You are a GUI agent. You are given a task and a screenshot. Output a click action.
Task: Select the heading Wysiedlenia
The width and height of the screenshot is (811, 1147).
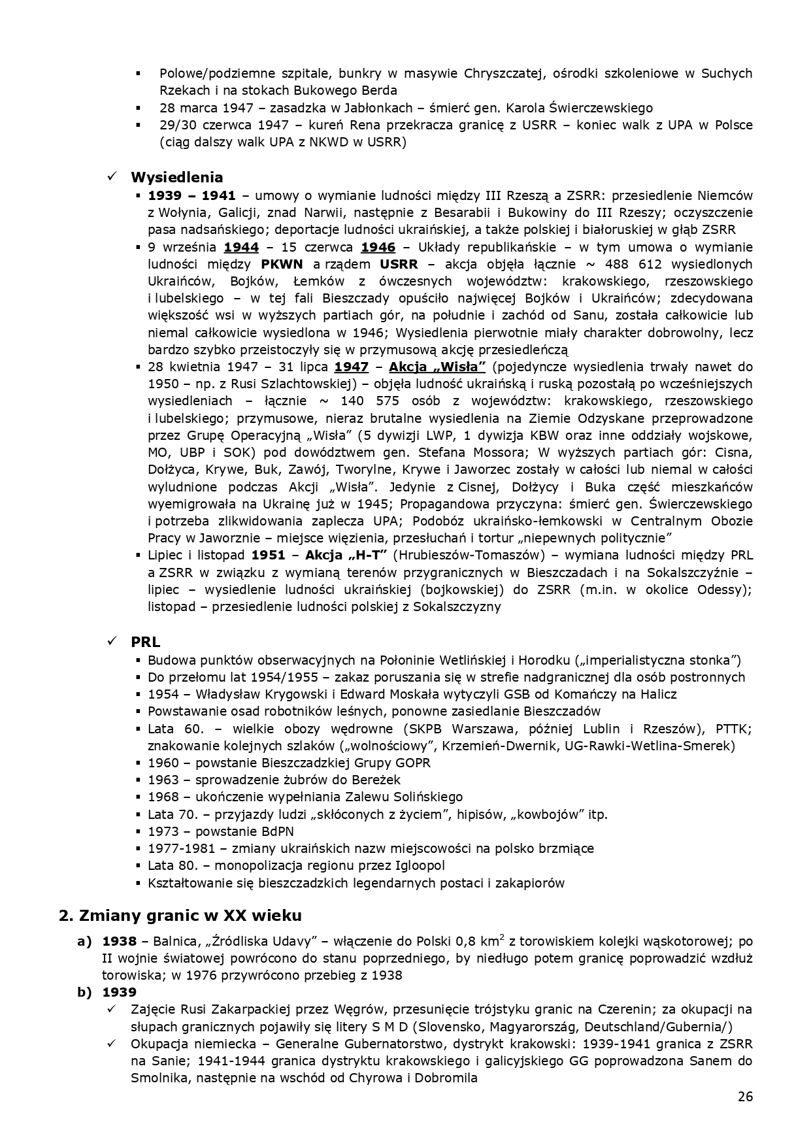tap(177, 177)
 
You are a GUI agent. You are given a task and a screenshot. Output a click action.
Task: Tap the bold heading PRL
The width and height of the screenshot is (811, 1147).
tap(145, 642)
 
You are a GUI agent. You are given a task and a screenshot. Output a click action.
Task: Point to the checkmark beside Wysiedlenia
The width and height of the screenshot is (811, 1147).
tap(112, 177)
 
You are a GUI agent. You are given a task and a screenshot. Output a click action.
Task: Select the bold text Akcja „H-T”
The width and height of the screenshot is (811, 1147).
tap(350, 556)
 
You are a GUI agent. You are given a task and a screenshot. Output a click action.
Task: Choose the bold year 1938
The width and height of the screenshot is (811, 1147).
tap(120, 942)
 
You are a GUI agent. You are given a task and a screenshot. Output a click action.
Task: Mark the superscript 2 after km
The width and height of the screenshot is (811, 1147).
tap(501, 938)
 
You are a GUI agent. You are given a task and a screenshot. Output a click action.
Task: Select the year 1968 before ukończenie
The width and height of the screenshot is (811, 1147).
tap(162, 797)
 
